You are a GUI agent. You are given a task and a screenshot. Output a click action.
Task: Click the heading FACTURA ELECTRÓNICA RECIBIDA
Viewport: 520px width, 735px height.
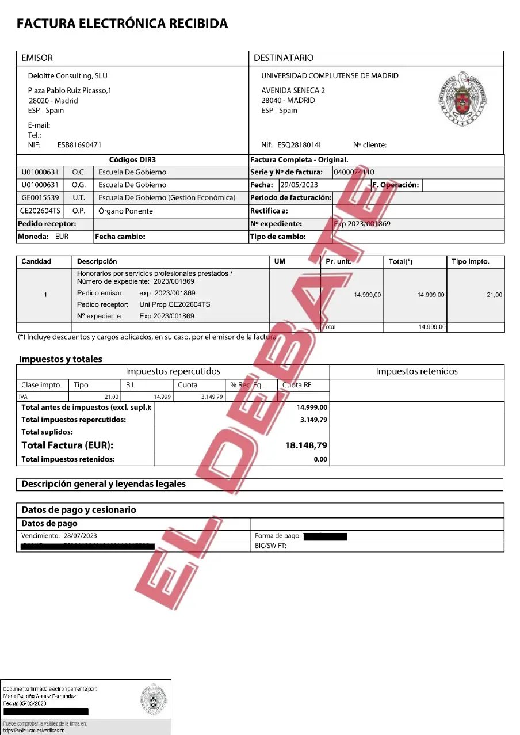tap(122, 24)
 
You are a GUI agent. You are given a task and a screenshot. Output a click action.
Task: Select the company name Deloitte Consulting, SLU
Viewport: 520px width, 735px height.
tap(68, 75)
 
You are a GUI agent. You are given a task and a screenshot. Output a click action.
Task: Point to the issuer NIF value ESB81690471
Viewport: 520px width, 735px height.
tap(79, 145)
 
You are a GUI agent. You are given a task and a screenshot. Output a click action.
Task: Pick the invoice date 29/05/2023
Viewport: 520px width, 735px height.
tap(299, 185)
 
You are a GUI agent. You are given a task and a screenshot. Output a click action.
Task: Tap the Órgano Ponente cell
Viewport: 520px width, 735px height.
tap(125, 211)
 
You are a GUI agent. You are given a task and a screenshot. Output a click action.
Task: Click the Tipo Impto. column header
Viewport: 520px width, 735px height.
tap(471, 261)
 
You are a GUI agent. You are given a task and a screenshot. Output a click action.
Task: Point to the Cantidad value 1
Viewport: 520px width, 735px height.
tap(45, 295)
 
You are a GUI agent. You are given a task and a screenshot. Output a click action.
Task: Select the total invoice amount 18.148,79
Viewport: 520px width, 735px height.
tap(306, 445)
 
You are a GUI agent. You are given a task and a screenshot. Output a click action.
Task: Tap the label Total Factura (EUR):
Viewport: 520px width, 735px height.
tap(67, 445)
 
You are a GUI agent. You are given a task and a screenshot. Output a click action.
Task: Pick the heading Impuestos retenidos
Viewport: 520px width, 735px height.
tap(416, 371)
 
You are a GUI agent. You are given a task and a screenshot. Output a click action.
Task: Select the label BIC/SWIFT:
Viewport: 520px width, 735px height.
tap(270, 546)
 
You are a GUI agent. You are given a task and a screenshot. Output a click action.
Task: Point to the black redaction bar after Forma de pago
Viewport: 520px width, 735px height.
tap(325, 536)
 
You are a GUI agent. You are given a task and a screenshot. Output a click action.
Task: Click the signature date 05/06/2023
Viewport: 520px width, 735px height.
tap(34, 703)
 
